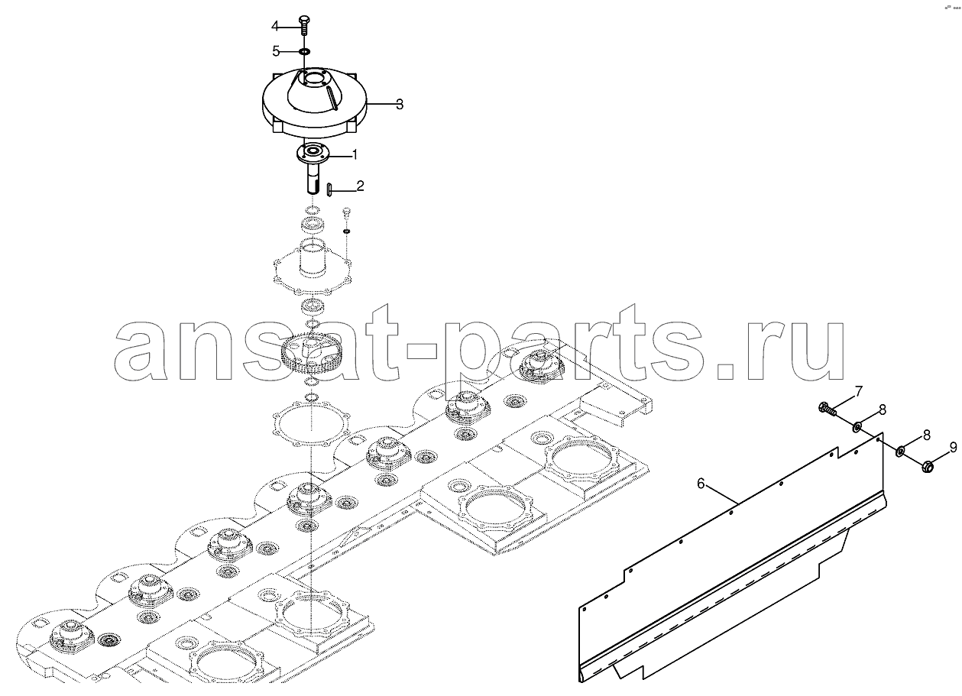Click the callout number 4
pyautogui.click(x=275, y=27)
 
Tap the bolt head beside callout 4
pyautogui.click(x=304, y=19)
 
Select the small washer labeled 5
pyautogui.click(x=304, y=52)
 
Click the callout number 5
pyautogui.click(x=276, y=51)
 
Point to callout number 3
pyautogui.click(x=400, y=104)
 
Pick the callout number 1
pyautogui.click(x=355, y=154)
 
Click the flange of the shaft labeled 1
pyautogui.click(x=313, y=154)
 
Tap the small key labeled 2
pyautogui.click(x=329, y=189)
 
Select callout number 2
pyautogui.click(x=361, y=186)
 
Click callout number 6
pyautogui.click(x=701, y=484)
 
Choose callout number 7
pyautogui.click(x=859, y=391)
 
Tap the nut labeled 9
pyautogui.click(x=928, y=465)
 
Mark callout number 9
pyautogui.click(x=954, y=448)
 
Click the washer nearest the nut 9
pyautogui.click(x=900, y=452)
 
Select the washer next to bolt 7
pyautogui.click(x=856, y=427)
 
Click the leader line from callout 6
pyautogui.click(x=721, y=494)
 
